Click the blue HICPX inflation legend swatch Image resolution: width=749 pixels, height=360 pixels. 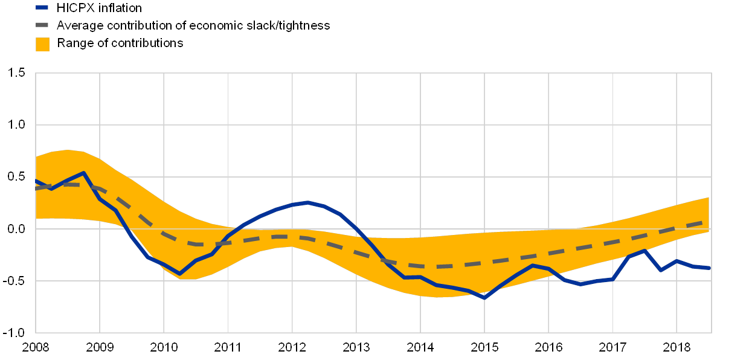click(x=42, y=7)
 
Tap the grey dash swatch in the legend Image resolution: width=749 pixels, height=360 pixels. click(x=42, y=25)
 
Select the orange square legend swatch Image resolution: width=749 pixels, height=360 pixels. click(x=42, y=43)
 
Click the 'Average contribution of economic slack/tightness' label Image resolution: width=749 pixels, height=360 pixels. click(x=193, y=25)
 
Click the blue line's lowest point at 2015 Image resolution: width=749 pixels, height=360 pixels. click(x=484, y=298)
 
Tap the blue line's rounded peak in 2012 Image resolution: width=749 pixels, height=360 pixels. click(x=308, y=202)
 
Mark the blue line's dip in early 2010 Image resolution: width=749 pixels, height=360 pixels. click(x=179, y=274)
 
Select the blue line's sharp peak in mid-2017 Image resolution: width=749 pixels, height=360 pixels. click(x=645, y=250)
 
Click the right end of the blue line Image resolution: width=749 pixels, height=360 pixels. click(x=709, y=268)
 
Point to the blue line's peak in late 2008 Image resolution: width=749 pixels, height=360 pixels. click(x=83, y=173)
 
